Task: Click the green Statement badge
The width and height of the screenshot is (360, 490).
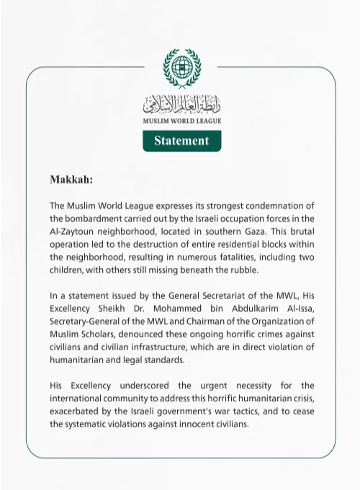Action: click(181, 141)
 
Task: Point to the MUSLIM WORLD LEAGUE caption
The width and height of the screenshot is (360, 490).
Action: click(181, 121)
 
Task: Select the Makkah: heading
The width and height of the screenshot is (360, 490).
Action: click(71, 178)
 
